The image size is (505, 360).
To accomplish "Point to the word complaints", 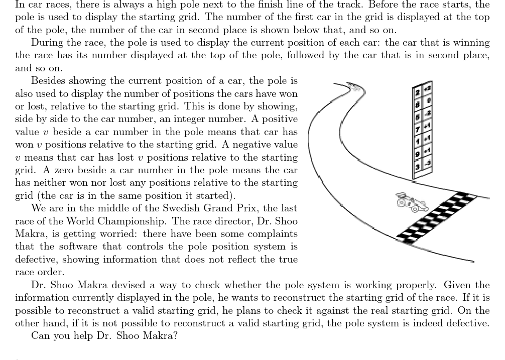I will tap(272, 234).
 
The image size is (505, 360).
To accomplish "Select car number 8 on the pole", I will tap(418, 102).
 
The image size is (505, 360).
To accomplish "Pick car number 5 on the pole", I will tap(418, 115).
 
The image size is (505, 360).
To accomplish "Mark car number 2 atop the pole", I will tap(418, 91).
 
